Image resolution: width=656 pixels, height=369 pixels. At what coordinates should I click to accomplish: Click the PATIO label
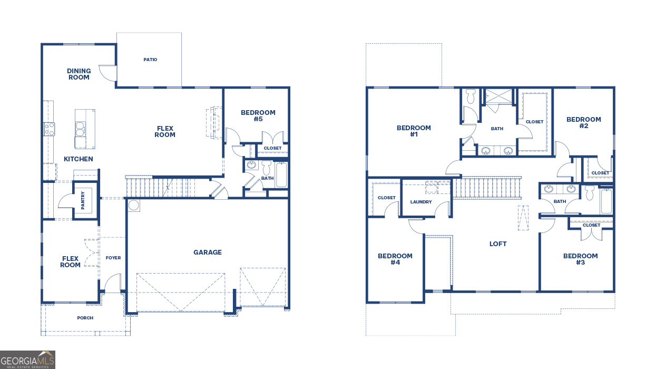pyautogui.click(x=150, y=60)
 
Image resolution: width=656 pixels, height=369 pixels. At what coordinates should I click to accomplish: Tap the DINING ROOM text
pyautogui.click(x=79, y=74)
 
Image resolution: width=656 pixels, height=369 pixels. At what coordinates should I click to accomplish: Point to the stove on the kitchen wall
pyautogui.click(x=48, y=129)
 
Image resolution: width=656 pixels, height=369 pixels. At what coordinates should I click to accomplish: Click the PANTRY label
pyautogui.click(x=83, y=200)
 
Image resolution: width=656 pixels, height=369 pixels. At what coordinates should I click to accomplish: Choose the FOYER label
pyautogui.click(x=113, y=258)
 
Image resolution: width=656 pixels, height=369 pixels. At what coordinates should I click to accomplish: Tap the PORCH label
pyautogui.click(x=85, y=318)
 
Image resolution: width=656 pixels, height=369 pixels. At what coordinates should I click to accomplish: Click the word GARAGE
pyautogui.click(x=208, y=253)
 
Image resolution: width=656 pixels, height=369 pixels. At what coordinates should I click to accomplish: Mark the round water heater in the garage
pyautogui.click(x=134, y=205)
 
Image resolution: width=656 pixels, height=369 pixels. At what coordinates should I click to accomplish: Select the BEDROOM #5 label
pyautogui.click(x=258, y=116)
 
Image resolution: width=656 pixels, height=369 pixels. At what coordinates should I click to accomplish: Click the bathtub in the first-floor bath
pyautogui.click(x=281, y=174)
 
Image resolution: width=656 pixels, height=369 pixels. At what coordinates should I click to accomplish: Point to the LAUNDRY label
pyautogui.click(x=421, y=202)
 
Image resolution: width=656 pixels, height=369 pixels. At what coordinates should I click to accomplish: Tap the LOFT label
pyautogui.click(x=498, y=244)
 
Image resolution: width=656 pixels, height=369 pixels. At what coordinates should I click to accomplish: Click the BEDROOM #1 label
pyautogui.click(x=414, y=131)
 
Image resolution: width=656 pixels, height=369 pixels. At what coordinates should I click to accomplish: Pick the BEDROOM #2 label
pyautogui.click(x=583, y=123)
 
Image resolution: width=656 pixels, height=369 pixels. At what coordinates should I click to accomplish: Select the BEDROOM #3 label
pyautogui.click(x=580, y=259)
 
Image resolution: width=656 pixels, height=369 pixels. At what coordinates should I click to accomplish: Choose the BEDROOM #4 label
pyautogui.click(x=395, y=259)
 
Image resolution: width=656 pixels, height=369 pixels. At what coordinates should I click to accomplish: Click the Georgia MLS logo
pyautogui.click(x=27, y=360)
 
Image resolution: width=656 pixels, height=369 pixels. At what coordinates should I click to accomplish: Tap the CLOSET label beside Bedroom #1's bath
pyautogui.click(x=534, y=122)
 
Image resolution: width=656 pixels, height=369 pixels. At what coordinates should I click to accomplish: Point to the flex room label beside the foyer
pyautogui.click(x=70, y=262)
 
